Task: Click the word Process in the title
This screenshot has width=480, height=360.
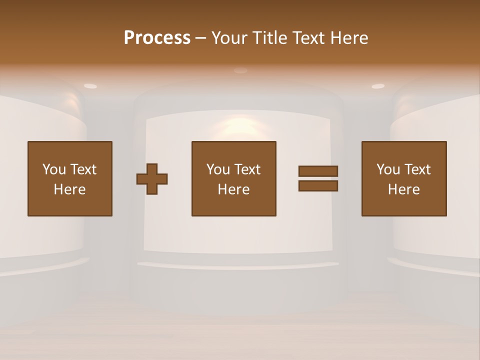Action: tap(157, 38)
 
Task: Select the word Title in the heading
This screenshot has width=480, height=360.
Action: tap(268, 38)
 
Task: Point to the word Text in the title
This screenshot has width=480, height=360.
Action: tap(309, 38)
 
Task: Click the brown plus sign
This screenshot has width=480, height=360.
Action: tap(152, 179)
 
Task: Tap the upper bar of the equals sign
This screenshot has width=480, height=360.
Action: tap(318, 171)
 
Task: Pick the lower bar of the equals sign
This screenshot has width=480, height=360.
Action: tap(318, 186)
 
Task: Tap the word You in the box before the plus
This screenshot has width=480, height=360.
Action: tap(54, 169)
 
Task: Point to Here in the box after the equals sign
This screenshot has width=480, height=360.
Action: tap(404, 189)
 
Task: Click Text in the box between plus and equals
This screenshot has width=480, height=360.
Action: tap(247, 169)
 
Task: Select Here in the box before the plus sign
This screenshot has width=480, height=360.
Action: tap(70, 189)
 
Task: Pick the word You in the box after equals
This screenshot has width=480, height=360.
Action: tap(388, 169)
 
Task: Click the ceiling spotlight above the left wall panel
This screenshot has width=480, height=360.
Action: tap(90, 86)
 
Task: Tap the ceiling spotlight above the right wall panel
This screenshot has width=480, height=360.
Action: tap(378, 86)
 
